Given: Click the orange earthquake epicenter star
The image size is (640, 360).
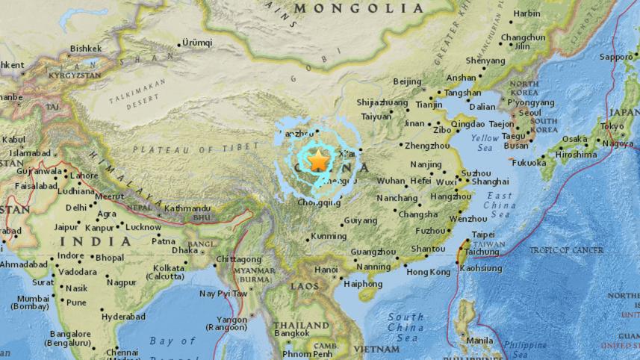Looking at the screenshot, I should click(x=319, y=159).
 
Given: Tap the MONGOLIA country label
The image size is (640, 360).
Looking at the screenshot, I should click(x=359, y=8).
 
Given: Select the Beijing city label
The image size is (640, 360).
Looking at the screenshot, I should click(x=407, y=81).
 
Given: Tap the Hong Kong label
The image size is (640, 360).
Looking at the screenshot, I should click(x=428, y=273).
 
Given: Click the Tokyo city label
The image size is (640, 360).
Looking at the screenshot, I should click(x=612, y=126).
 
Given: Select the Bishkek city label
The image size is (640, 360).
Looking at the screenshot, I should click(x=85, y=49).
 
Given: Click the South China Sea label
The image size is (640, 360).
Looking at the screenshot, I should click(x=406, y=327).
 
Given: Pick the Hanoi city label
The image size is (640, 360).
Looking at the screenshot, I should click(x=326, y=269).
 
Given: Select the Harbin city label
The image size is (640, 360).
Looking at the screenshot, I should click(x=526, y=13).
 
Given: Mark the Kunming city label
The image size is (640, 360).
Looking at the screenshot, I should click(x=329, y=235).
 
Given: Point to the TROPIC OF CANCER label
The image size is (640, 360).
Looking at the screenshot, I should click(x=566, y=250).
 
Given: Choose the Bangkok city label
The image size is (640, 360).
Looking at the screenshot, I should click(x=291, y=333).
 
